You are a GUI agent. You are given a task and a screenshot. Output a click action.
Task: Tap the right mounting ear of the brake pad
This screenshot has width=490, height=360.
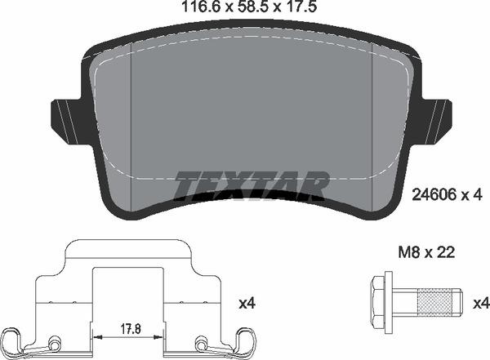tap(439, 118)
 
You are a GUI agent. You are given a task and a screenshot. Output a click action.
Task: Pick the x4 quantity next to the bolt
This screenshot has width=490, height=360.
tap(480, 304)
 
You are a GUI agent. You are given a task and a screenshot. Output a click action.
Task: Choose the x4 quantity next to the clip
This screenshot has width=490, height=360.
tap(247, 304)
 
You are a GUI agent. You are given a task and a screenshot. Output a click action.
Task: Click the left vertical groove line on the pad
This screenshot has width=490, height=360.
tap(131, 122)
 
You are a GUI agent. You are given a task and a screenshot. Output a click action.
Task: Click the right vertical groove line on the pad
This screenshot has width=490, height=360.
tap(372, 122)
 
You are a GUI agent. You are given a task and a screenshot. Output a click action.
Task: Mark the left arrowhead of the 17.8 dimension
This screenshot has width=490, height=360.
tap(98, 335)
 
